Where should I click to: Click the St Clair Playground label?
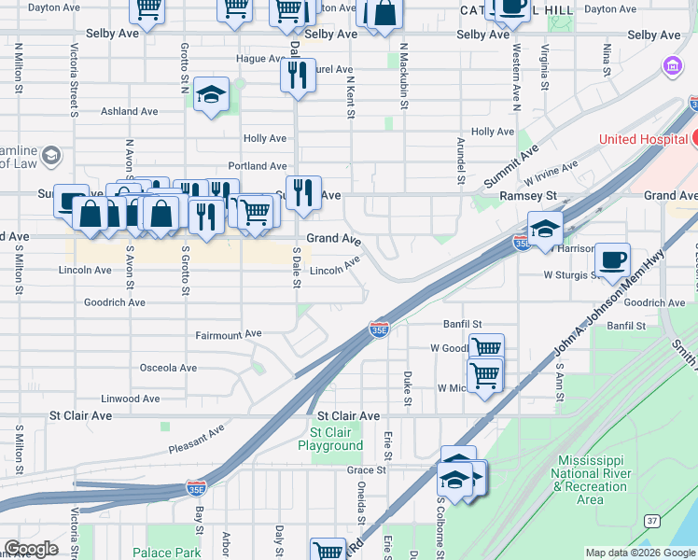[330, 439]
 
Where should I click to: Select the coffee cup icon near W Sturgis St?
[612, 259]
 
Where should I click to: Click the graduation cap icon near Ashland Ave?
[212, 94]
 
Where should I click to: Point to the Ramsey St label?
[528, 196]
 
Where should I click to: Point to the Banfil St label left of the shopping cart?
[462, 324]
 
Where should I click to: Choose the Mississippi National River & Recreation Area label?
[590, 480]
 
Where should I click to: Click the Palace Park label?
[166, 553]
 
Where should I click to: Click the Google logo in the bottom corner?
[31, 549]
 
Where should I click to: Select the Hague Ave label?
[258, 58]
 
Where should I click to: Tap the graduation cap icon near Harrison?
[545, 228]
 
